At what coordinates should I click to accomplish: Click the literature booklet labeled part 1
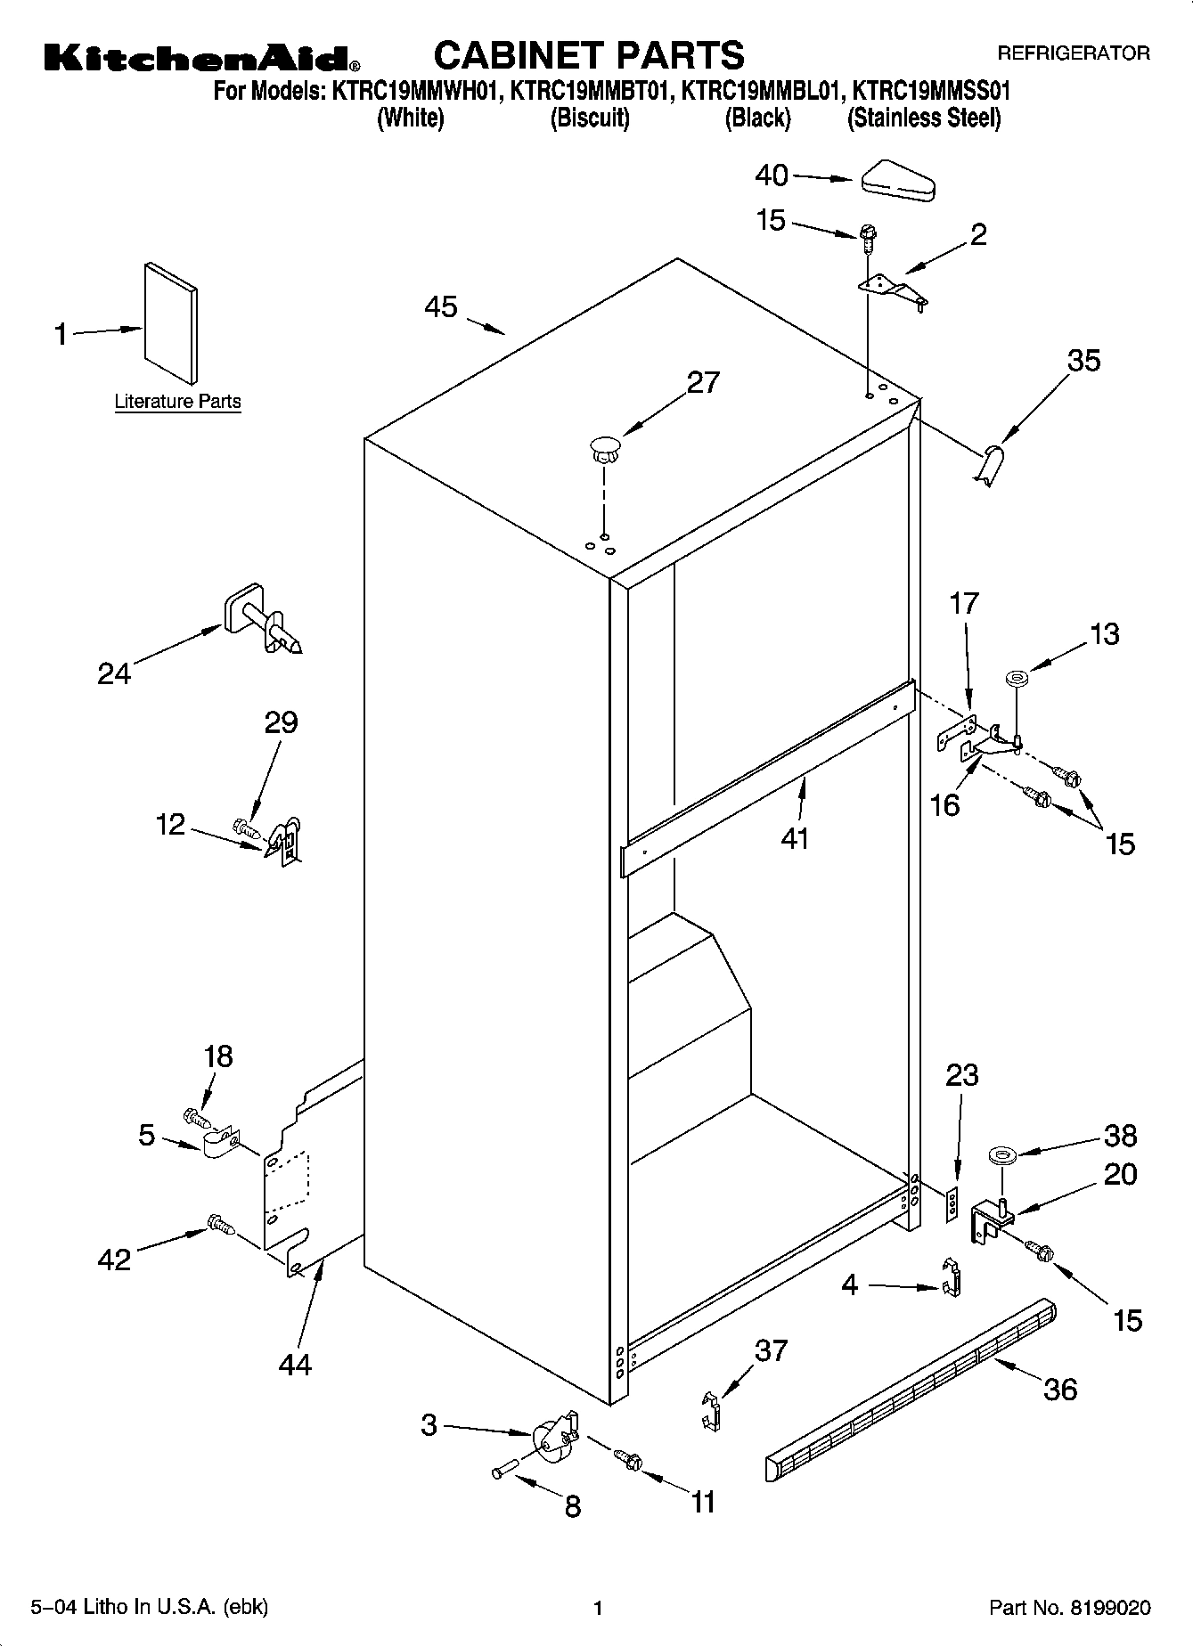coord(170,322)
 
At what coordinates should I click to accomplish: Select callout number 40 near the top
coord(772,175)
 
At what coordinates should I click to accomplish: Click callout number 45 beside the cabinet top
coord(441,307)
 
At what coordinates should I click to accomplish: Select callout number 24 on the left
coord(114,674)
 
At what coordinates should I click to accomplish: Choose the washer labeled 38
coord(1001,1157)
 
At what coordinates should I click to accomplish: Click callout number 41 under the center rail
coord(794,839)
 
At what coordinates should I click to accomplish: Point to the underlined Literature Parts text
coord(177,402)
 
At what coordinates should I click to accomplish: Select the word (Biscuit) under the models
coord(590,118)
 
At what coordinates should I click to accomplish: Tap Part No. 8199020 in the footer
coord(1070,1608)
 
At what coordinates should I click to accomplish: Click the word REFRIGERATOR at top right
coord(1073,54)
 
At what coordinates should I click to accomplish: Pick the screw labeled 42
coord(220,1227)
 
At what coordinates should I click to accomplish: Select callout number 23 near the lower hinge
coord(962,1075)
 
